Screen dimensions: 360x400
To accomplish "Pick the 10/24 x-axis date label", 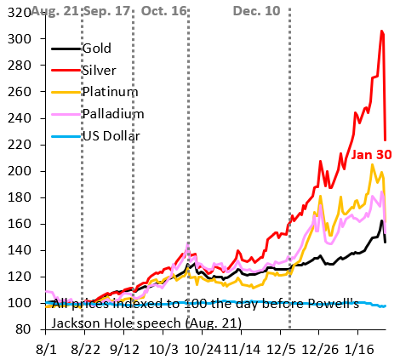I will coord(203,349).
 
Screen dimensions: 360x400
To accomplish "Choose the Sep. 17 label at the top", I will coord(110,10).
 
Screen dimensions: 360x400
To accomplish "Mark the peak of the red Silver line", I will coord(381,31).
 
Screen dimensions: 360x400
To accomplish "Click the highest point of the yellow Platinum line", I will coord(372,164).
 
